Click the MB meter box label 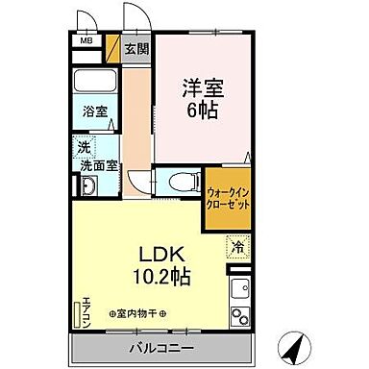point(85,41)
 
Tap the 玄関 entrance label point(137,48)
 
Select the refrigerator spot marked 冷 point(235,246)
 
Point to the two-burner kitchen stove point(236,315)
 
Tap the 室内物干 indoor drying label point(136,315)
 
